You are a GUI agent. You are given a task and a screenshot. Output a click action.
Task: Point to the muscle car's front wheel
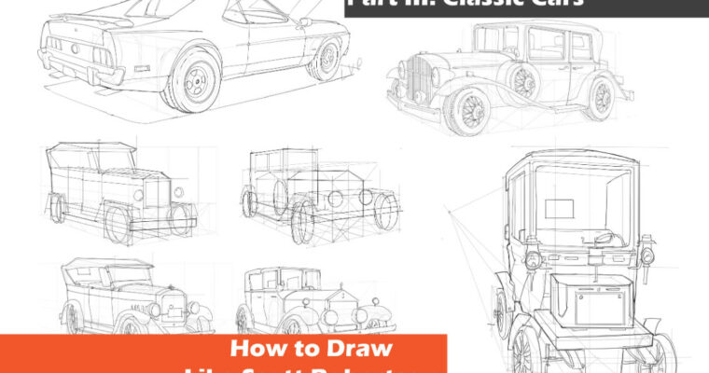click(x=326, y=62)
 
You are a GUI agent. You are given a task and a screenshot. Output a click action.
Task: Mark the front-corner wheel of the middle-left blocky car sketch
click(x=119, y=225)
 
